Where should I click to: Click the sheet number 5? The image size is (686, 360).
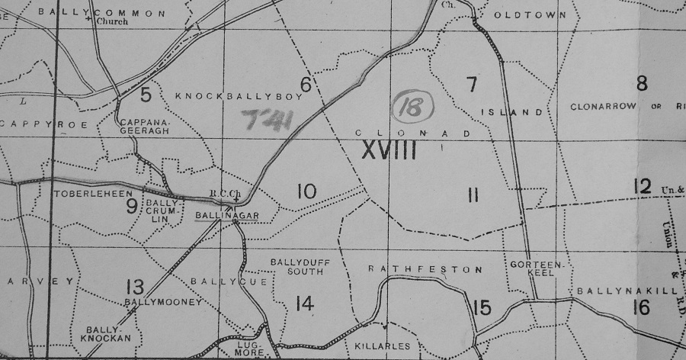click(146, 95)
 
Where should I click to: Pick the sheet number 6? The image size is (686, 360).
click(306, 85)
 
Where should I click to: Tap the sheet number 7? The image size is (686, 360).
click(471, 84)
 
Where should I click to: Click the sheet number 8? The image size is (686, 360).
click(642, 83)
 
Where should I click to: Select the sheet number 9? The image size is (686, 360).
click(131, 205)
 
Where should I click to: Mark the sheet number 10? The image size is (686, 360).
click(306, 191)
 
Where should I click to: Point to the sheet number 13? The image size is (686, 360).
click(135, 287)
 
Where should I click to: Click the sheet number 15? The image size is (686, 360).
click(482, 308)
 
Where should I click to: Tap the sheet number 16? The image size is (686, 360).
click(641, 307)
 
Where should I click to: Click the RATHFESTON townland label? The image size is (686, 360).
click(425, 269)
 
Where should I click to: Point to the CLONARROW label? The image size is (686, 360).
click(602, 108)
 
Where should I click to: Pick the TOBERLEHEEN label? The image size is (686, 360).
click(85, 194)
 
